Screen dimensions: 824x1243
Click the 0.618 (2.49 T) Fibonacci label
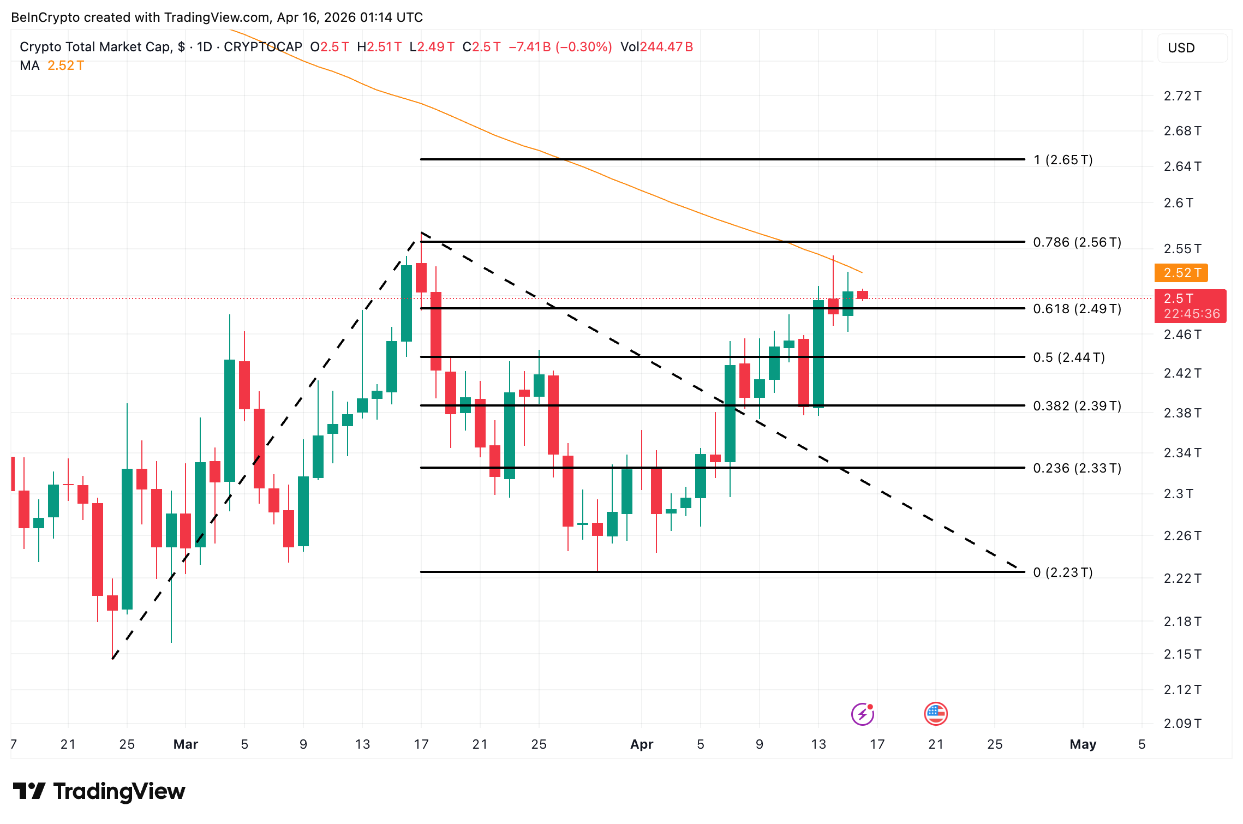pos(1077,309)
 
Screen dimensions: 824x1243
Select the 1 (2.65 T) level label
pos(1062,160)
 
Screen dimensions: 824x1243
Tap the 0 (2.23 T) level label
pos(1062,572)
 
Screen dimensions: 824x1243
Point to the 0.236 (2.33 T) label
pos(1077,468)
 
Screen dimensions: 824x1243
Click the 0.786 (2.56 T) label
pos(1077,242)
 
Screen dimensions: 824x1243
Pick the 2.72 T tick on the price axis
pos(1182,97)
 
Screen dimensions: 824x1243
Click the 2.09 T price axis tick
pos(1182,724)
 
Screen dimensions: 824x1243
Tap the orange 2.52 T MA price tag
pos(1181,273)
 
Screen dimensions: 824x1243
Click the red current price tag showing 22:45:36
pos(1190,306)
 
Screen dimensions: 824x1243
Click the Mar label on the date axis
pos(186,744)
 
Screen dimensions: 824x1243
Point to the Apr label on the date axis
pos(642,744)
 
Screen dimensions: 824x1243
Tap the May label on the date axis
pos(1083,744)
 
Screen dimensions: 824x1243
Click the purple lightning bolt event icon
pos(863,714)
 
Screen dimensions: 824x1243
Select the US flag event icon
pos(936,714)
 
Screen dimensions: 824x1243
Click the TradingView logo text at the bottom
pos(99,791)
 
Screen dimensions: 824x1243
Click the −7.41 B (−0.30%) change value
pos(560,47)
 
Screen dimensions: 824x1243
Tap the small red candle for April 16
pos(863,295)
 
